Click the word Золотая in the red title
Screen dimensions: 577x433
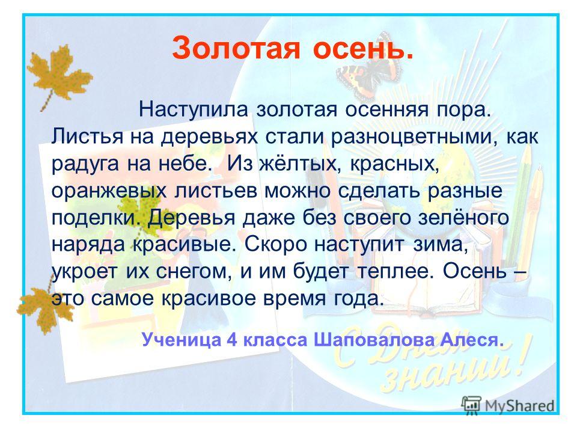(x=236, y=48)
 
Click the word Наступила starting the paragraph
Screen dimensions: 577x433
(x=194, y=109)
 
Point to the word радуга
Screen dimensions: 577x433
(x=85, y=164)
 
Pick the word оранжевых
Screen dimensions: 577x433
(x=107, y=191)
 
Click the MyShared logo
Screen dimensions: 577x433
(x=508, y=406)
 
